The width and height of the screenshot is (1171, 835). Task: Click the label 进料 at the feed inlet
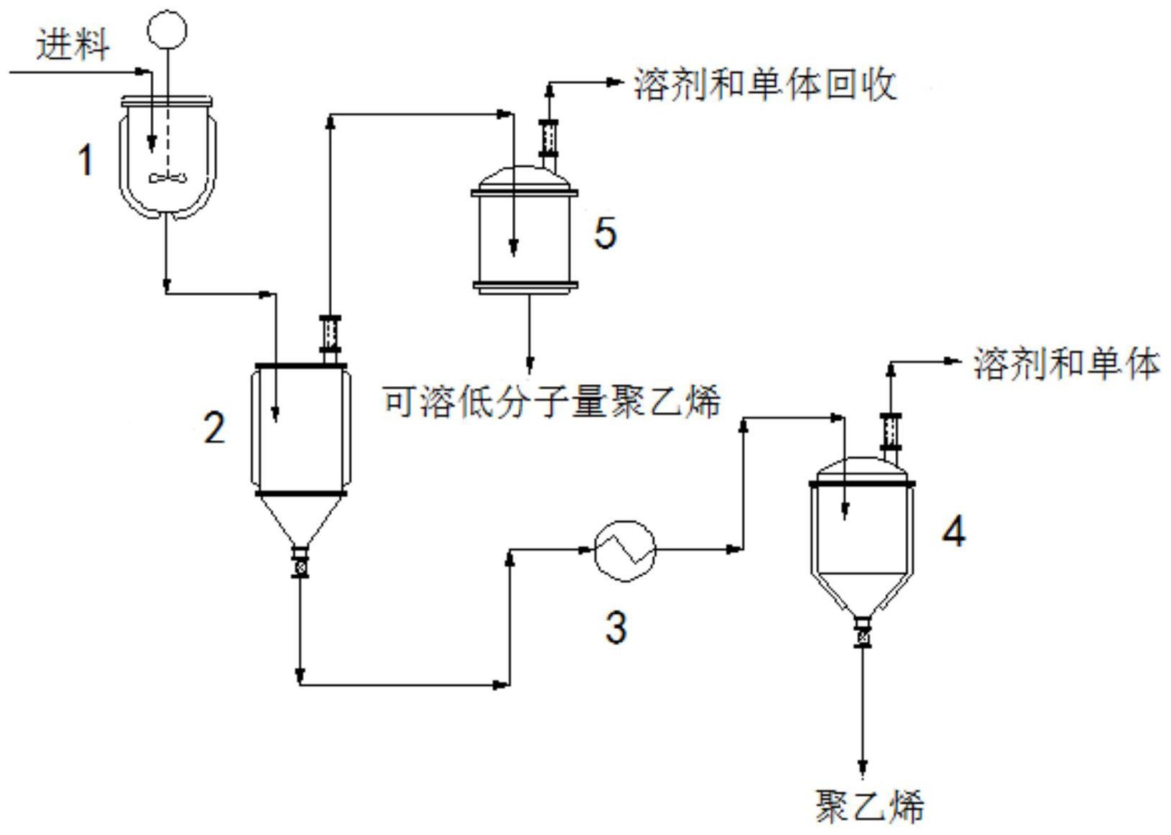(73, 45)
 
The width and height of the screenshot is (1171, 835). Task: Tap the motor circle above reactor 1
(167, 29)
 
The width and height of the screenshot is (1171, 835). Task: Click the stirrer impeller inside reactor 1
(167, 177)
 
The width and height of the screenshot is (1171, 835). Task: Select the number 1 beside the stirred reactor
(85, 159)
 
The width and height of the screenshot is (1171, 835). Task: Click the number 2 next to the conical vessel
(214, 428)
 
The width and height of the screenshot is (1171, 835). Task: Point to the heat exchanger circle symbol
(625, 550)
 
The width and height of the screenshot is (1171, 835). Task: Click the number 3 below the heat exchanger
(616, 626)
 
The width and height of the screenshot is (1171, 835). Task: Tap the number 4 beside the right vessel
(954, 532)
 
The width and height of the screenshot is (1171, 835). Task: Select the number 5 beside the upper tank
(605, 233)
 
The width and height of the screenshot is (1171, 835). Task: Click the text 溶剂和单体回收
(765, 85)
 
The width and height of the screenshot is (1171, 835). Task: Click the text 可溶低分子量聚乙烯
(551, 401)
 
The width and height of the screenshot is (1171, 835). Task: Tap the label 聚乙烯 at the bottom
(869, 806)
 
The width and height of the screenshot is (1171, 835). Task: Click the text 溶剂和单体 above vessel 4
(1066, 363)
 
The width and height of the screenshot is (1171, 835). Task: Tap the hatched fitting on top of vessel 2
(330, 332)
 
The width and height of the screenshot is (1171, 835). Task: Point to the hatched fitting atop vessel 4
(891, 432)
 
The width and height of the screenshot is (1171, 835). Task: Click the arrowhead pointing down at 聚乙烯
(862, 769)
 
